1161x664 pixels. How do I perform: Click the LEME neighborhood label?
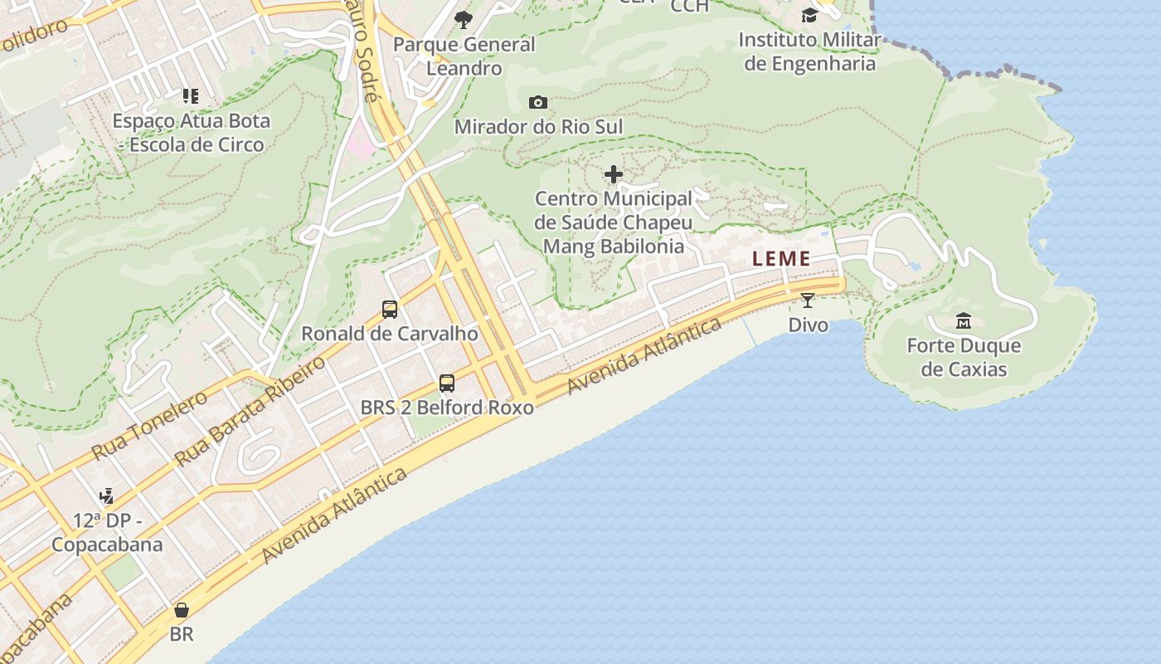(781, 259)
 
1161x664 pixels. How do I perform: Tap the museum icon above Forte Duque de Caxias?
(964, 320)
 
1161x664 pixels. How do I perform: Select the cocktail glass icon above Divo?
(808, 300)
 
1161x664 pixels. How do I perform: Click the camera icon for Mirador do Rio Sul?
(538, 103)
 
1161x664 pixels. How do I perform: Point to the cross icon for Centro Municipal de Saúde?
(614, 174)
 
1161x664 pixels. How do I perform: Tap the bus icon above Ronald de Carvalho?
(390, 310)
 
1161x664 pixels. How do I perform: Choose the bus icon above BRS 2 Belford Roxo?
(447, 383)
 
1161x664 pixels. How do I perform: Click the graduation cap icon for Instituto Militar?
(809, 16)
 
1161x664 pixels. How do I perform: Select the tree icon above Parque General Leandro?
(464, 20)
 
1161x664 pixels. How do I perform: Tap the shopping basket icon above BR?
(182, 611)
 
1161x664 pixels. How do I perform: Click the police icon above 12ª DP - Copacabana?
(106, 496)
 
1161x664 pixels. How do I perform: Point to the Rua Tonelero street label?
(149, 426)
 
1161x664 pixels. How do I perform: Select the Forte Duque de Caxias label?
(964, 358)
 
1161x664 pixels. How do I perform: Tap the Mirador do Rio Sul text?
(538, 127)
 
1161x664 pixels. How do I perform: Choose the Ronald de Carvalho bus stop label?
(390, 334)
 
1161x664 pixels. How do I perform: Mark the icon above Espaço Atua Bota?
(192, 96)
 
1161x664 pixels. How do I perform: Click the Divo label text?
(808, 325)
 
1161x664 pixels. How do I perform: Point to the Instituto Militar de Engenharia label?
(809, 51)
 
